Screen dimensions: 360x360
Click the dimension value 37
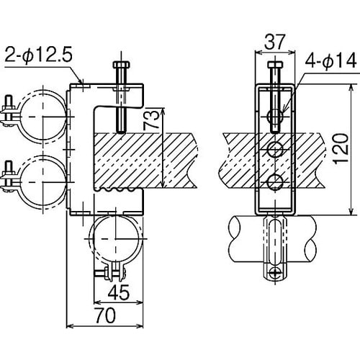click(x=274, y=42)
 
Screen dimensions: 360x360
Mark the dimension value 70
click(x=106, y=315)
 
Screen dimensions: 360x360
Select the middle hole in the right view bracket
click(x=274, y=150)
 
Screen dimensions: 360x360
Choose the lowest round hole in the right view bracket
click(x=274, y=181)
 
